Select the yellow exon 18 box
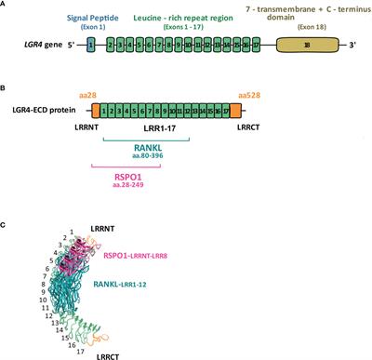[x=304, y=45]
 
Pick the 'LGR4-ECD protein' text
[x=47, y=113]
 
